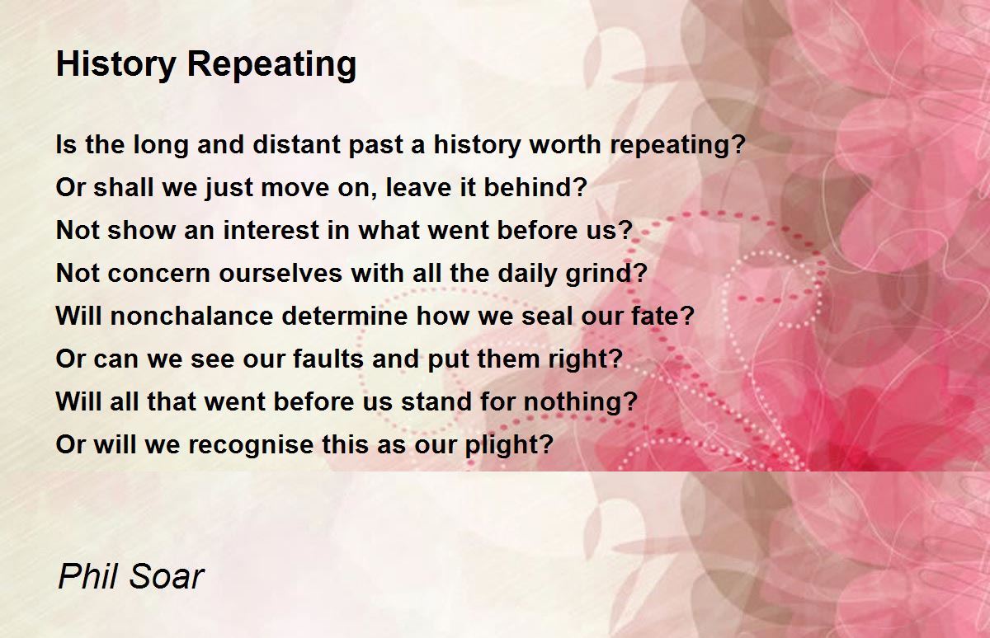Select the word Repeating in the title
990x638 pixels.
266,65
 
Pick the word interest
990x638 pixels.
270,231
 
